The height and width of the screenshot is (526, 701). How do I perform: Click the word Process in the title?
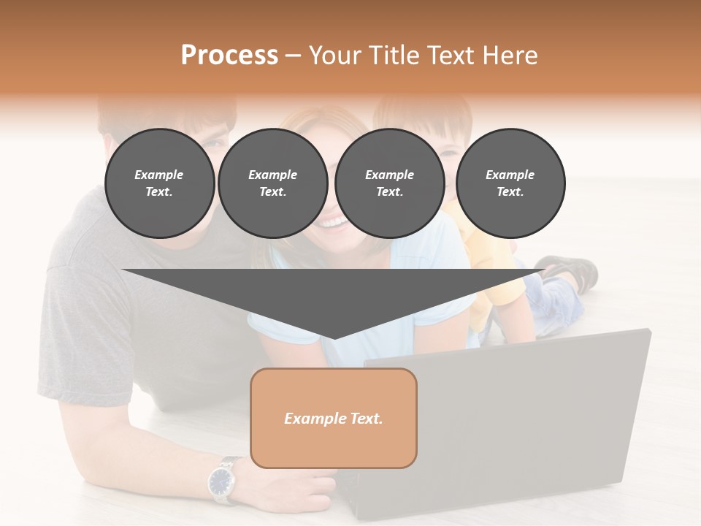point(229,56)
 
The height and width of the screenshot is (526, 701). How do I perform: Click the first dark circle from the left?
point(159,183)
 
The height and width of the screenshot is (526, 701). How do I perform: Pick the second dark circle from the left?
point(272,183)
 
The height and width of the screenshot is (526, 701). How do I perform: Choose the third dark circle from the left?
point(389,183)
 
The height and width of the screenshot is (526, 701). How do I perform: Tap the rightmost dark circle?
point(510,183)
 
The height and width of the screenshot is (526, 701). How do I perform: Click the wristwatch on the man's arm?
point(221,481)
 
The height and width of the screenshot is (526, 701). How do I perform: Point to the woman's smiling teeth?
point(332,221)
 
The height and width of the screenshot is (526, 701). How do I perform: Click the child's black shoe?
point(573,272)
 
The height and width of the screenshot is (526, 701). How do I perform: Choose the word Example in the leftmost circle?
point(159,175)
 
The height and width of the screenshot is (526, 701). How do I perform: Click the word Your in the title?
point(337,56)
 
